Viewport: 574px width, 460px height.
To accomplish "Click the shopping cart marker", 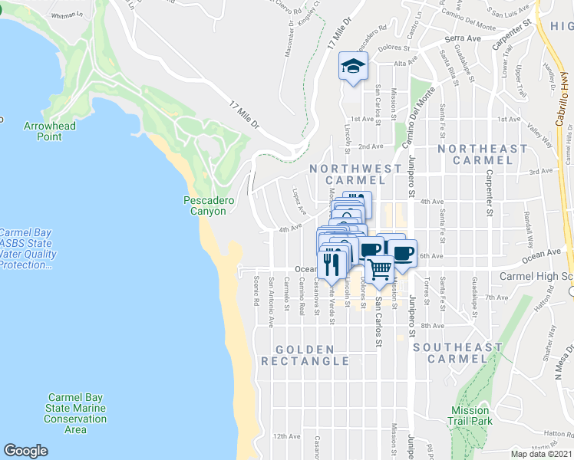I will [379, 268].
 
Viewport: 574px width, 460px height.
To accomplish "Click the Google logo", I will [25, 451].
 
